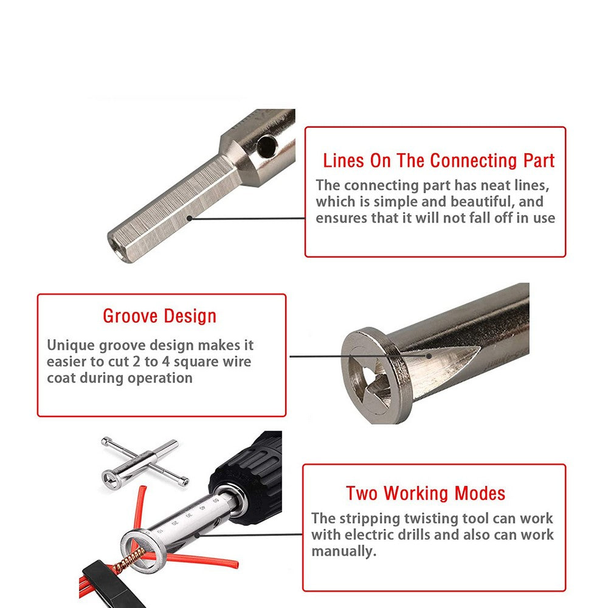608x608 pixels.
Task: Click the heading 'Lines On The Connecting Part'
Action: point(438,161)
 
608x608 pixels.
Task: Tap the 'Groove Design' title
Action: point(159,316)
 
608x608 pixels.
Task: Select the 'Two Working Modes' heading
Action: point(426,493)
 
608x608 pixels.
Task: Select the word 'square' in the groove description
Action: point(167,362)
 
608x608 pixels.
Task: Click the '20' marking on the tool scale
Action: point(175,522)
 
